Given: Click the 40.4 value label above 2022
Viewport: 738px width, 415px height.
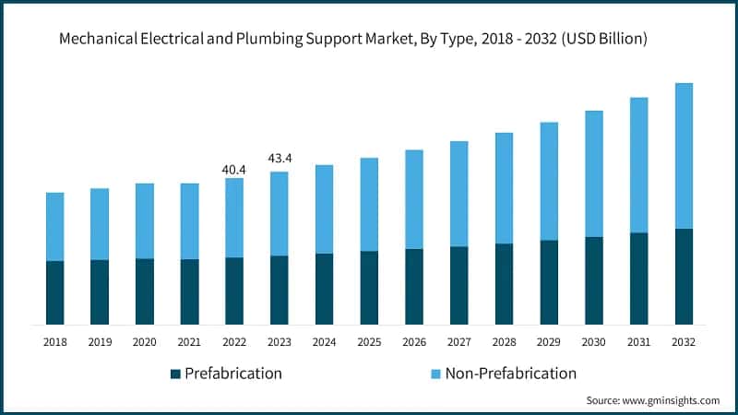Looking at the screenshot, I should click(234, 170).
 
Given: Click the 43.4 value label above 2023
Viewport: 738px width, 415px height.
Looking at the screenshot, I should click(279, 159).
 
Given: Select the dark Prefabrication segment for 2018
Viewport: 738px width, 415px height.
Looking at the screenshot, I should click(55, 292).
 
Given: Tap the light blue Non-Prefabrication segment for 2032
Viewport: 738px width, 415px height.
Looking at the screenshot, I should click(684, 156).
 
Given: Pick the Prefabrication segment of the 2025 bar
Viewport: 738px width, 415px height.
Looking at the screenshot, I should click(369, 287).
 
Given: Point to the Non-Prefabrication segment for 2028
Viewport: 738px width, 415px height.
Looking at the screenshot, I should click(504, 188).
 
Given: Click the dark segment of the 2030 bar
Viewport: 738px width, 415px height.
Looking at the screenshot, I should click(594, 280).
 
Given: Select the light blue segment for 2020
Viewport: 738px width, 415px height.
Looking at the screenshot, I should click(145, 220).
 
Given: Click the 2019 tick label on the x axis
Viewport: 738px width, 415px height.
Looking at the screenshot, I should click(100, 341).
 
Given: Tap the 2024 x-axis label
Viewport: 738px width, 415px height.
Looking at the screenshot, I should click(324, 341).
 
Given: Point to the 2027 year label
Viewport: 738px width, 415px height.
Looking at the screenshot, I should click(458, 341).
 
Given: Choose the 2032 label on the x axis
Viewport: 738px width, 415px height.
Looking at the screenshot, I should click(684, 341).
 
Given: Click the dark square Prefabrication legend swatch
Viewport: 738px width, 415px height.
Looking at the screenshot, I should click(175, 373).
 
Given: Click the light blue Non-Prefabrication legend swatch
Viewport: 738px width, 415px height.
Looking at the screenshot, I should click(435, 373).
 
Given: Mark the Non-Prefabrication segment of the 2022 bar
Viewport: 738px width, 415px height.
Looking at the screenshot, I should click(234, 218).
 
